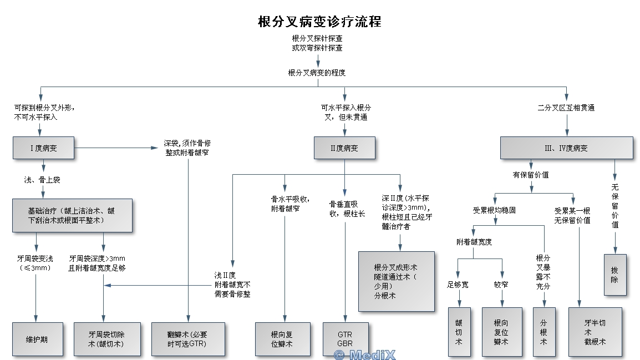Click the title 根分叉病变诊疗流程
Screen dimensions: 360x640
(x=319, y=22)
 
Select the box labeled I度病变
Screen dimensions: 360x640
(x=44, y=148)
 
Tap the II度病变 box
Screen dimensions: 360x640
(x=344, y=148)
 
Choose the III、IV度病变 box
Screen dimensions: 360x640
(x=566, y=148)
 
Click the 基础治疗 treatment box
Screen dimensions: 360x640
(x=72, y=215)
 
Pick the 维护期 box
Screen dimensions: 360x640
(x=37, y=339)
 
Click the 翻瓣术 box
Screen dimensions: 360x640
(x=189, y=339)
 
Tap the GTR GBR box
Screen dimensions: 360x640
(x=345, y=339)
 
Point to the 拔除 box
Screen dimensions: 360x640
(x=614, y=275)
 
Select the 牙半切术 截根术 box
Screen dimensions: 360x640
(x=595, y=332)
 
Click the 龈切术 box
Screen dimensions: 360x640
(x=459, y=332)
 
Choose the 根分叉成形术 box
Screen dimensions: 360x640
(x=396, y=281)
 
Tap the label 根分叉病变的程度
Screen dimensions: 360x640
(x=317, y=73)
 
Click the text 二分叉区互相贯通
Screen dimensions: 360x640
(x=566, y=108)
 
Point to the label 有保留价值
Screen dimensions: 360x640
(x=531, y=175)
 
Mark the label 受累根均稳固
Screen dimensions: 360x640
(x=494, y=211)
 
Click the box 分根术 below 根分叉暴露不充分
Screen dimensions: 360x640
(x=544, y=332)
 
